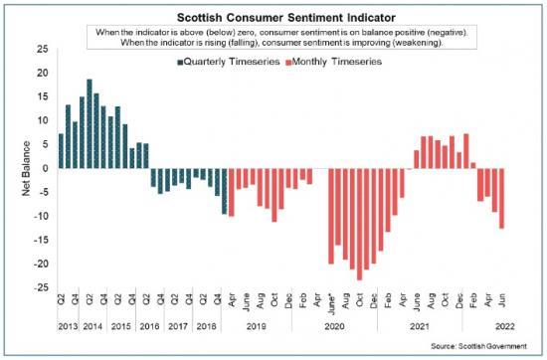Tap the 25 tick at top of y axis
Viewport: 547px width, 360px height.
(41, 49)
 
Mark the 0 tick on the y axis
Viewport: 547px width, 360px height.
(45, 168)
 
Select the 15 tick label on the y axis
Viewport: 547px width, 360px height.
(41, 96)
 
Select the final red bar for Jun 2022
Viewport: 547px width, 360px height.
(501, 198)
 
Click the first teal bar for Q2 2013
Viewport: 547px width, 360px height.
(61, 150)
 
